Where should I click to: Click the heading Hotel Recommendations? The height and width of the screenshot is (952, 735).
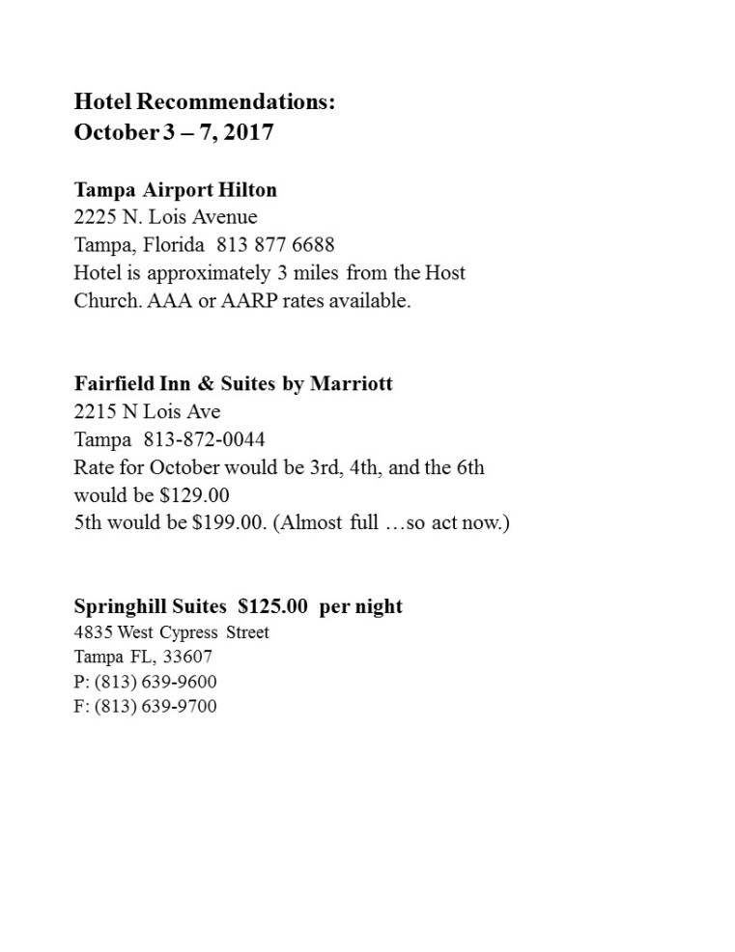[x=205, y=101]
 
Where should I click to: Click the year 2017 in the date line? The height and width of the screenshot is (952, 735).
[x=249, y=131]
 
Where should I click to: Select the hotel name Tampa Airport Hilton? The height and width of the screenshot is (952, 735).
[x=176, y=189]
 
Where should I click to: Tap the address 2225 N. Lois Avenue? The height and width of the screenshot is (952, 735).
[x=165, y=216]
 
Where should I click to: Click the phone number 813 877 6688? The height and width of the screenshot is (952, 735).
[x=275, y=244]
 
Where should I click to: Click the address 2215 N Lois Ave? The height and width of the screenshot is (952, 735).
[x=147, y=411]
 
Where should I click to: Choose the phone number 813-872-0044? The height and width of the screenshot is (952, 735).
[x=204, y=439]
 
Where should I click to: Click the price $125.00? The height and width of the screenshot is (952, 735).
[x=272, y=606]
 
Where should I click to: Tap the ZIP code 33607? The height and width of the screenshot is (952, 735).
[x=189, y=657]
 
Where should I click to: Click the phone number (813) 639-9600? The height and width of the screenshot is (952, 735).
[x=155, y=682]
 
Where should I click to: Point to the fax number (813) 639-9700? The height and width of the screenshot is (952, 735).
[x=155, y=706]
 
